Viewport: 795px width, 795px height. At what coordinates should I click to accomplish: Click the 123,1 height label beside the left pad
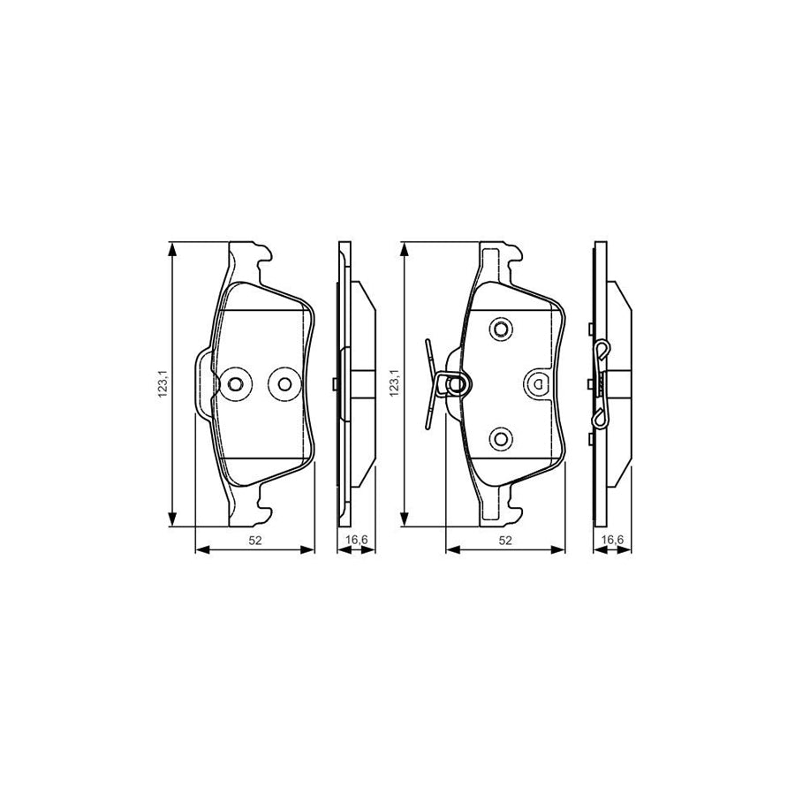coord(162,384)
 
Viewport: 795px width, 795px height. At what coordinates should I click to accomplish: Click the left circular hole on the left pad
coord(235,383)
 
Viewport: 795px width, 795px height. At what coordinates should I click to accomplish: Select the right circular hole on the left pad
coord(284,383)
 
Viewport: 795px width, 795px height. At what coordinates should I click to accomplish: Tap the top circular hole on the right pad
coord(501,330)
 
